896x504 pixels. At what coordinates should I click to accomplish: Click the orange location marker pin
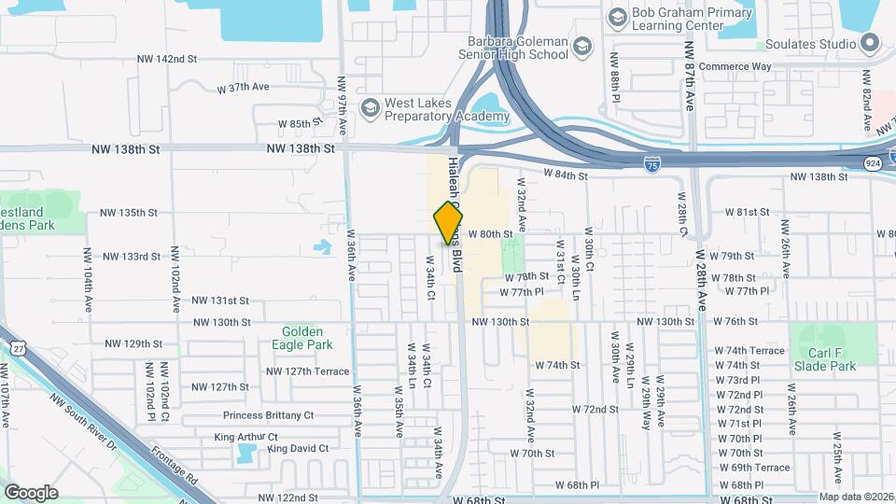[x=448, y=224]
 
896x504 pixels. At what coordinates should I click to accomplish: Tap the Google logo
[x=31, y=492]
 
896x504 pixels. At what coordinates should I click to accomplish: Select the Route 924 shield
[x=873, y=163]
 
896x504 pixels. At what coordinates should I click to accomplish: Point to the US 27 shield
[x=17, y=347]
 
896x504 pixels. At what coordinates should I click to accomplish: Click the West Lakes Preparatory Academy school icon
[x=370, y=108]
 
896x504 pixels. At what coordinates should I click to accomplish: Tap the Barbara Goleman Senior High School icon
[x=582, y=47]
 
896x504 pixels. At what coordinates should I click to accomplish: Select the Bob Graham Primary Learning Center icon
[x=617, y=17]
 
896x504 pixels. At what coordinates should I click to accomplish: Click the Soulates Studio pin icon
[x=870, y=43]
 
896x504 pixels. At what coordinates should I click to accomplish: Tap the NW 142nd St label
[x=165, y=59]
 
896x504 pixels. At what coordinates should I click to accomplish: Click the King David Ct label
[x=298, y=449]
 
